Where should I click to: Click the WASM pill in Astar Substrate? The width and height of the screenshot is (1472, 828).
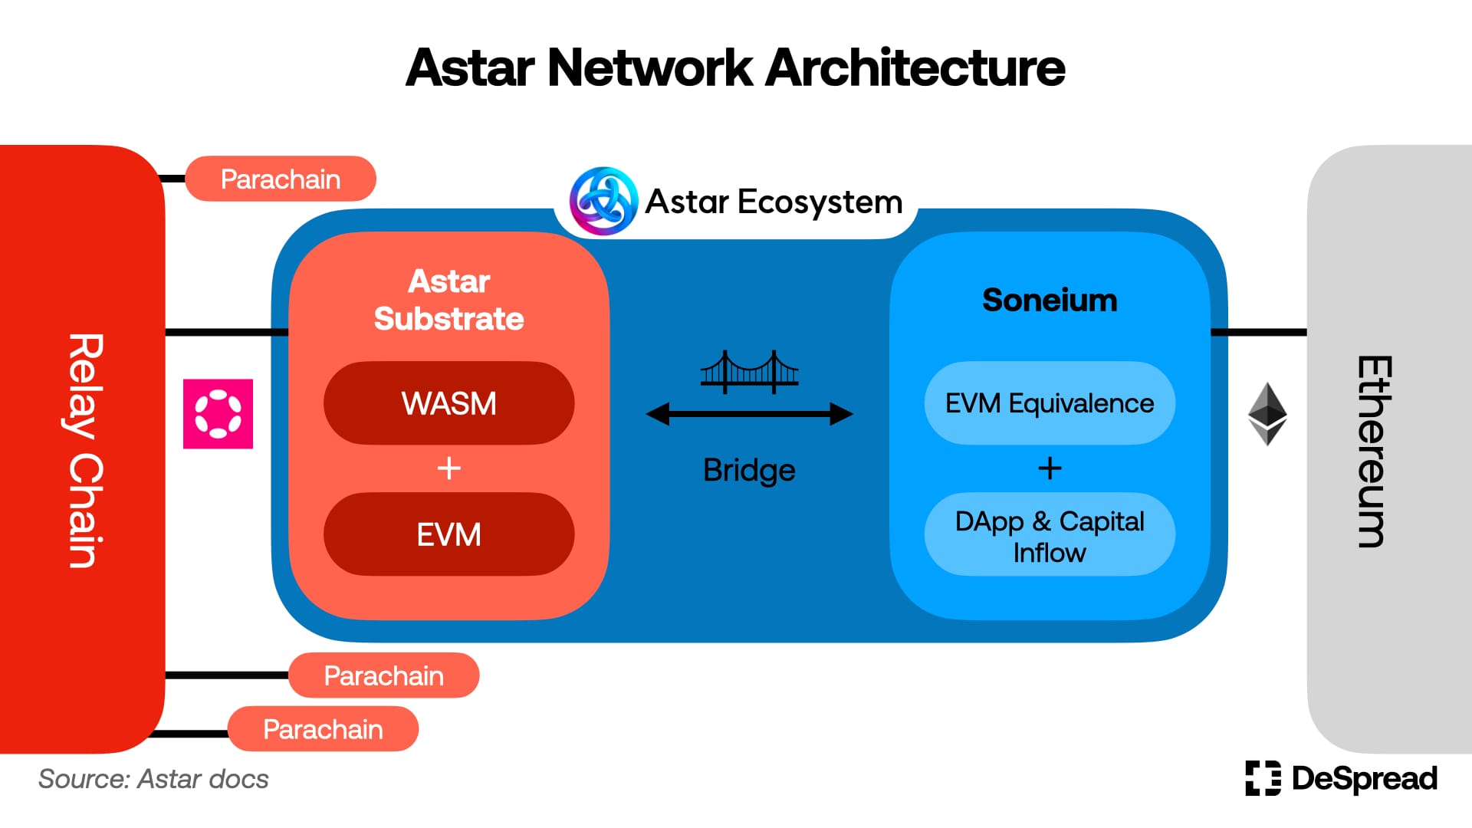[x=449, y=403]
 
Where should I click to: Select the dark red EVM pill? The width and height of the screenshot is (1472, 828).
[x=449, y=534]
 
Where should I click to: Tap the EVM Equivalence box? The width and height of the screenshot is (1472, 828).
[x=1050, y=403]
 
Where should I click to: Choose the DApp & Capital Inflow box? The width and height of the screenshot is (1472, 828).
[x=1050, y=534]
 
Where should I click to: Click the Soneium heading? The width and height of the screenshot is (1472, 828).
[x=1050, y=300]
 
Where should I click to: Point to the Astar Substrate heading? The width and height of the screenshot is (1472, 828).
[x=449, y=300]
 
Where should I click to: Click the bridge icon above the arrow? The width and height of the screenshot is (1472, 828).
[x=749, y=372]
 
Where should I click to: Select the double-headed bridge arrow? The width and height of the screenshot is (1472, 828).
[x=749, y=414]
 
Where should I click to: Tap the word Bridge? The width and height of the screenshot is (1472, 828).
[x=749, y=470]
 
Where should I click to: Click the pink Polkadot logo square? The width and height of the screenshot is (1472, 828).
[x=218, y=414]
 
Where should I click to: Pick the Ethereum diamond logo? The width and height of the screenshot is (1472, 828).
[x=1267, y=414]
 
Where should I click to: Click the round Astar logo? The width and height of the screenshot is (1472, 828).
[x=603, y=201]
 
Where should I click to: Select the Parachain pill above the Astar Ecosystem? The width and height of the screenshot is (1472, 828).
[x=281, y=179]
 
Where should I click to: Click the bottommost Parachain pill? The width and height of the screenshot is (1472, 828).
[x=323, y=729]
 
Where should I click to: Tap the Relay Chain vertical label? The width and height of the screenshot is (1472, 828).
[x=85, y=451]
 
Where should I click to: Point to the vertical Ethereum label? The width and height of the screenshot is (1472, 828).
[x=1375, y=451]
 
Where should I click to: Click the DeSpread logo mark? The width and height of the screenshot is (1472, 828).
[x=1263, y=778]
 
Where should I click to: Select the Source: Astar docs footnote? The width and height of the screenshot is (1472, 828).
[x=153, y=779]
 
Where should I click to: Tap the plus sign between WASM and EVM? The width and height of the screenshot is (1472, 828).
[x=449, y=468]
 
